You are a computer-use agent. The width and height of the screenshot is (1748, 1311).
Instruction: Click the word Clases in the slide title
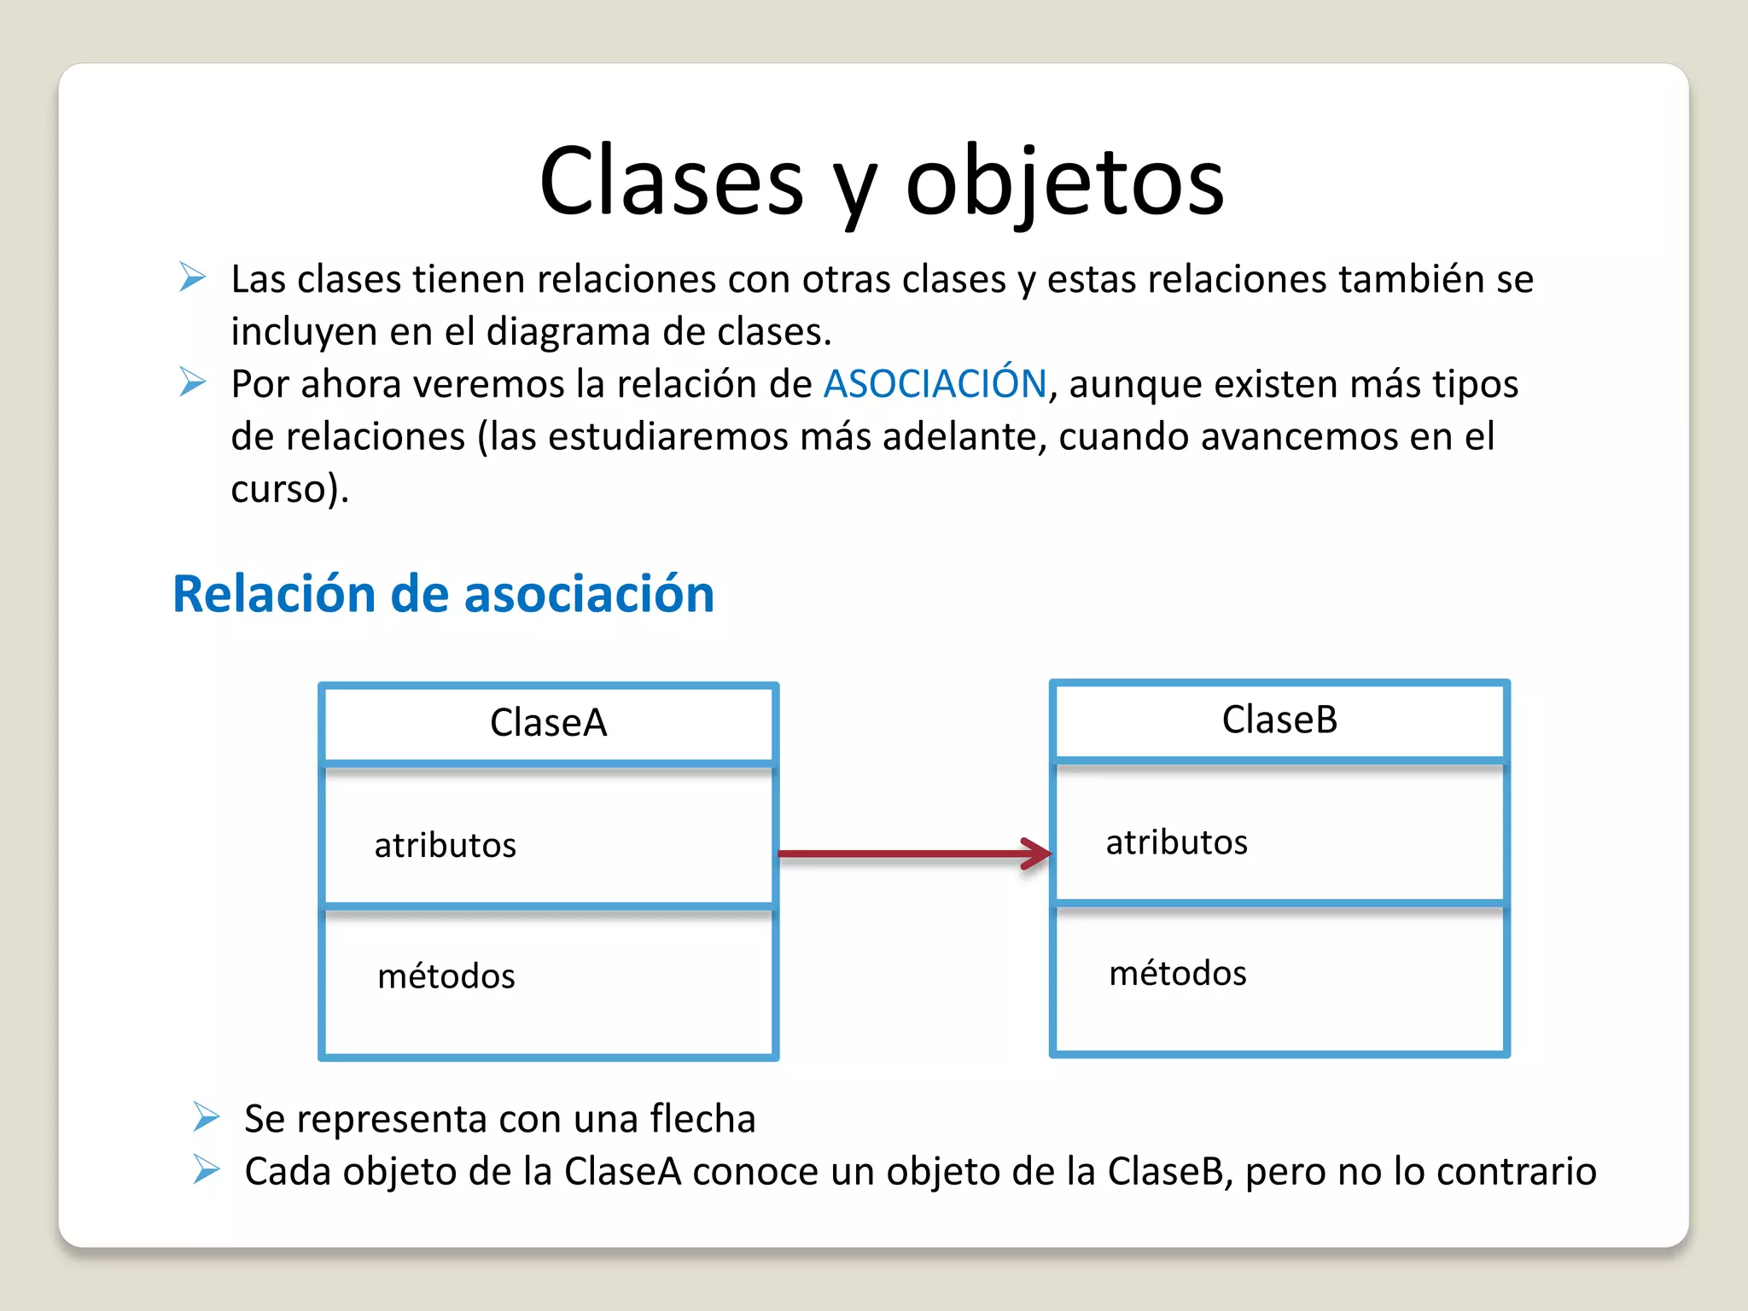[672, 181]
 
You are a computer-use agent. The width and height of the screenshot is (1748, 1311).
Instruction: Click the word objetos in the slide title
[1064, 181]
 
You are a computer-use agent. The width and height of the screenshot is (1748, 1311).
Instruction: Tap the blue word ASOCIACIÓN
[935, 383]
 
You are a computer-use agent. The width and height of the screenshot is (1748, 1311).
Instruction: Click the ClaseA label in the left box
[548, 722]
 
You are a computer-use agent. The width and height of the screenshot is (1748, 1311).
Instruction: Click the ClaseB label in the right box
[1279, 720]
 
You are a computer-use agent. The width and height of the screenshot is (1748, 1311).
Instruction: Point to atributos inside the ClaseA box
[445, 845]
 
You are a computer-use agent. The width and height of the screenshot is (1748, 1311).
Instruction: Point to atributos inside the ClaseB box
[1176, 842]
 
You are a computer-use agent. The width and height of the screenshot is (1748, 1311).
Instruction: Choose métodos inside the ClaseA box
[446, 976]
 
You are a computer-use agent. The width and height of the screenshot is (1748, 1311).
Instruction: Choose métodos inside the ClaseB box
[1177, 973]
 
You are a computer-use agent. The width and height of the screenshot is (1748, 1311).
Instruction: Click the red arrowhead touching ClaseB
[1039, 854]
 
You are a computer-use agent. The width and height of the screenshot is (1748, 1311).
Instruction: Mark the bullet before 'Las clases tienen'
[193, 278]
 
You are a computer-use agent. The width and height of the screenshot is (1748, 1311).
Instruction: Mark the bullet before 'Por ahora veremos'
[193, 382]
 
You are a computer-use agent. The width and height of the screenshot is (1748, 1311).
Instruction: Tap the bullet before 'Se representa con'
[207, 1117]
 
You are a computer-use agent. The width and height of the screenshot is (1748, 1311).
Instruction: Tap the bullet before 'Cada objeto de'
[207, 1170]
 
